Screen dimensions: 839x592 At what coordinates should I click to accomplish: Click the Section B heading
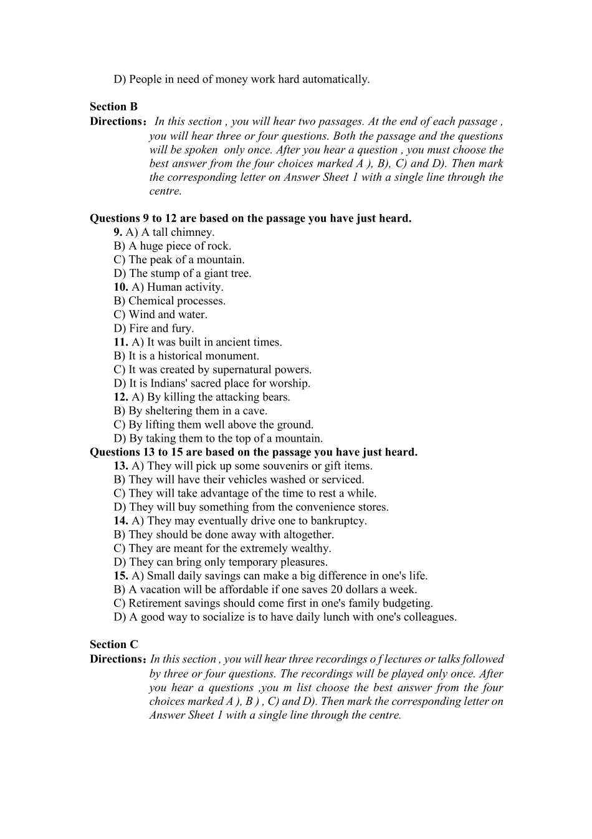tap(113, 107)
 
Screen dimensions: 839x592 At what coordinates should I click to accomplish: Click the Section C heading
tap(113, 644)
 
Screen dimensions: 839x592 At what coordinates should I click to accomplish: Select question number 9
tap(118, 232)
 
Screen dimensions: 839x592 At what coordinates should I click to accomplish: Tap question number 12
tap(121, 397)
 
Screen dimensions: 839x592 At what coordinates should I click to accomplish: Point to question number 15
tap(121, 576)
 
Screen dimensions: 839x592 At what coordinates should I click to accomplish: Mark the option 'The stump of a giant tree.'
tap(183, 273)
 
